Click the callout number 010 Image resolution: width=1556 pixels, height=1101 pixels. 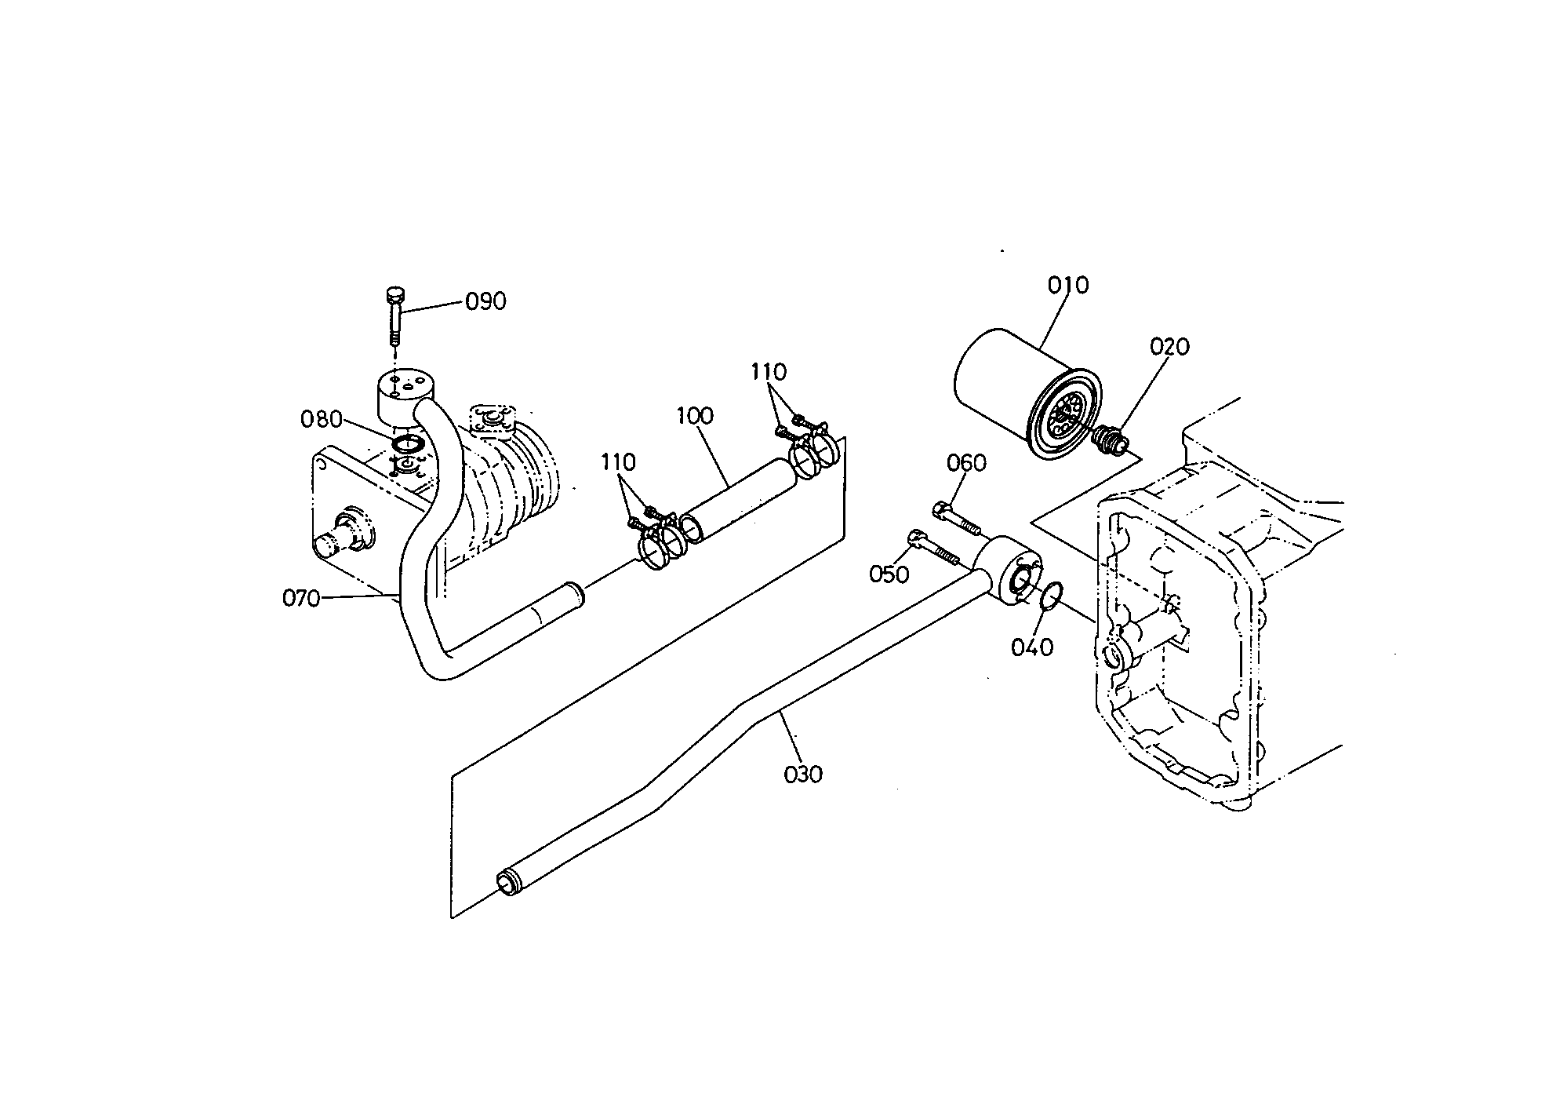[x=1068, y=285]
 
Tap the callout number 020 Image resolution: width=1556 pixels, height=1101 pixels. [x=1169, y=346]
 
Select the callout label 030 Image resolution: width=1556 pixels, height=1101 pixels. [x=803, y=775]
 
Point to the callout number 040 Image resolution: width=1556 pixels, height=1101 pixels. [x=1032, y=647]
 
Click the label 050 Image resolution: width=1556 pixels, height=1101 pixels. [x=889, y=574]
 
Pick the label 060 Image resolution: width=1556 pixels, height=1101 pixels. [x=966, y=464]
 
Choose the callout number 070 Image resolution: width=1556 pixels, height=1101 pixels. [x=302, y=599]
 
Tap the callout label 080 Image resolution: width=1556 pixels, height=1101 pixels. [x=322, y=420]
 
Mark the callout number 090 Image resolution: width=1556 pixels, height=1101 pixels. [x=485, y=301]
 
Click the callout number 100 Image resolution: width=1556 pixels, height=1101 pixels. [x=694, y=415]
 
